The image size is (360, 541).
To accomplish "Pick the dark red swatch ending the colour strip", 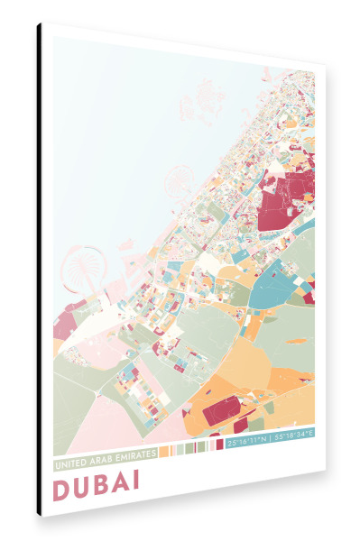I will tap(220, 445).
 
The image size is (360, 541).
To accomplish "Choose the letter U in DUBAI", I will tap(83, 484).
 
